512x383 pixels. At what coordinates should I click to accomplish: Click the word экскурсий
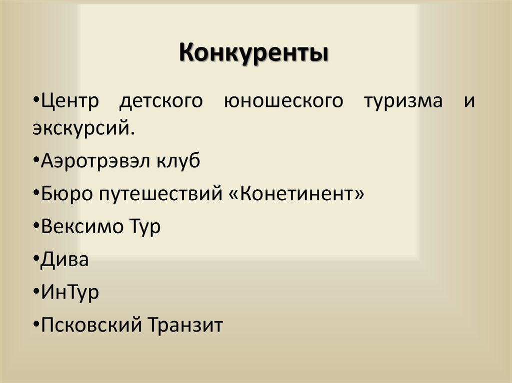83,129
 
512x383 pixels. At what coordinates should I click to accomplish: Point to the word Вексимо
82,227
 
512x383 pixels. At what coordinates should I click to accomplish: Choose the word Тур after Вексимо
144,227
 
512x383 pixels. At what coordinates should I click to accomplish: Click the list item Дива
65,260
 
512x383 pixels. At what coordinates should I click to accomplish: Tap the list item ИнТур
70,293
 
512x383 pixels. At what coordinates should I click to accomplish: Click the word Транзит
185,326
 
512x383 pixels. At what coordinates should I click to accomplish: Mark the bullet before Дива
38,261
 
